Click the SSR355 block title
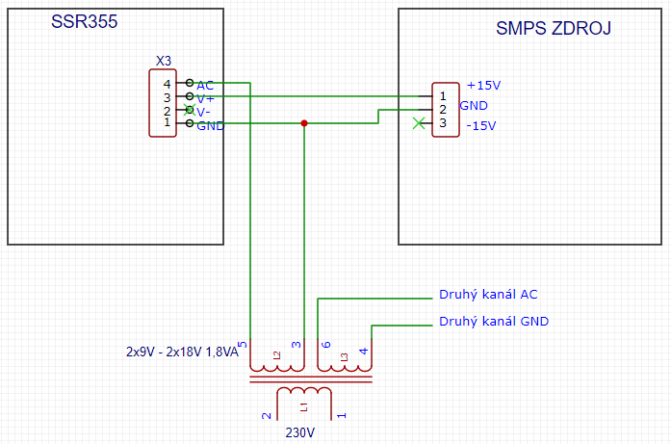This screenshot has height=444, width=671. click(84, 21)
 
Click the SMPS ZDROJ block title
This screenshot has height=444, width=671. click(554, 29)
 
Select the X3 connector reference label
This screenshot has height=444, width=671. click(164, 61)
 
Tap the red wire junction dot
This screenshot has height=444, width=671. click(304, 123)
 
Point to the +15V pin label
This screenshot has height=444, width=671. click(483, 85)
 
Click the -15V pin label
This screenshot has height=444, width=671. click(482, 125)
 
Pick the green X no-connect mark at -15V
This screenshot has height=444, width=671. click(417, 123)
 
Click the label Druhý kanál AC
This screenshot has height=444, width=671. click(487, 295)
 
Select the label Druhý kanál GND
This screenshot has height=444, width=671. click(494, 322)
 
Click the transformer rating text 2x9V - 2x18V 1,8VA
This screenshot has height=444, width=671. click(181, 353)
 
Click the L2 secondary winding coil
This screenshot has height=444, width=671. click(277, 363)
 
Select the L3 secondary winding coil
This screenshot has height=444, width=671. click(344, 363)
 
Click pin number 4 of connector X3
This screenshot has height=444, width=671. click(167, 84)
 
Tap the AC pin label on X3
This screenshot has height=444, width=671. click(205, 86)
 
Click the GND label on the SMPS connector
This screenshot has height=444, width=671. click(475, 105)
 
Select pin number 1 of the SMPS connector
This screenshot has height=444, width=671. click(443, 96)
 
